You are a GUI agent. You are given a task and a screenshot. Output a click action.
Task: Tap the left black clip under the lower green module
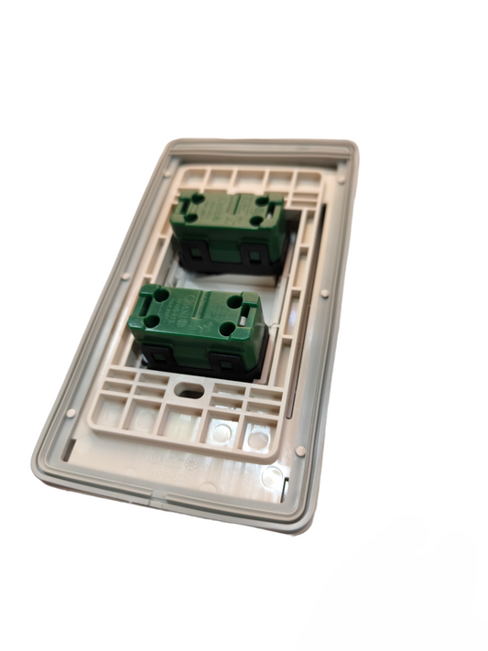click(157, 358)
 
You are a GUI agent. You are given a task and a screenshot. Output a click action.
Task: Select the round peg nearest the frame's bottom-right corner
click(299, 451)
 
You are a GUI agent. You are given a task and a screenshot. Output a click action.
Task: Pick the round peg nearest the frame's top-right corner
click(342, 180)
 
